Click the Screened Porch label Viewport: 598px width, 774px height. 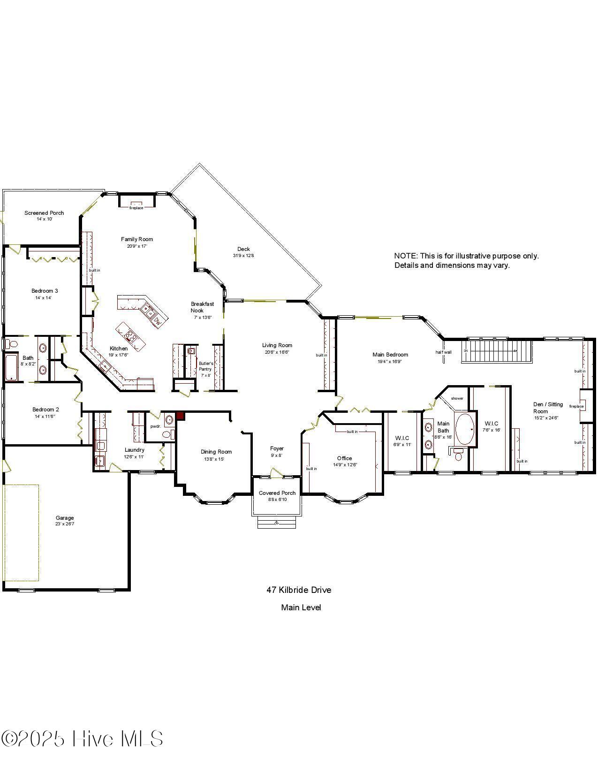44,213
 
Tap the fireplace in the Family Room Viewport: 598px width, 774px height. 136,202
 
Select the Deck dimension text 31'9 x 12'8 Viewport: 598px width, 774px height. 243,256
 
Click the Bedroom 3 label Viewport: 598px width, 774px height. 45,291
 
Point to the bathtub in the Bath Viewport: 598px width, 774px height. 11,367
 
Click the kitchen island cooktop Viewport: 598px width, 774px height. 129,335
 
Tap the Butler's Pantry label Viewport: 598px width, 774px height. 205,366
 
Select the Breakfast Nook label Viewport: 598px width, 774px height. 202,307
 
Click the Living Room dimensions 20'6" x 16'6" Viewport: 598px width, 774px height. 277,352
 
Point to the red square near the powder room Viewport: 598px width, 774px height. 180,416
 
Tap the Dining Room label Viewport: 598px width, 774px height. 216,452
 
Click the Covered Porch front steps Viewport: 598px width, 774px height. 277,522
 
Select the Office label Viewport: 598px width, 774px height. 344,458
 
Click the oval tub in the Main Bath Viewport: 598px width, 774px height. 465,428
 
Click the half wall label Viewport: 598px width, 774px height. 443,352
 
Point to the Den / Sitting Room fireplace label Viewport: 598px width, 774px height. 576,406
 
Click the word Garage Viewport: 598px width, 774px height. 65,518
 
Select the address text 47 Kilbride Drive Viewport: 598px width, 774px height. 299,590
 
